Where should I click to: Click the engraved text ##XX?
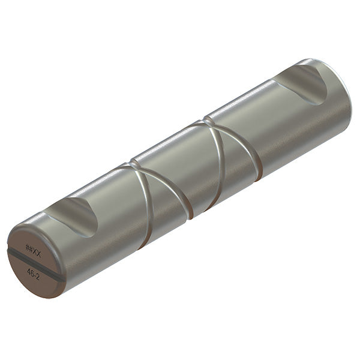34,247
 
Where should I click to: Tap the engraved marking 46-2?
34,272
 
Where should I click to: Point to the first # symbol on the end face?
28,246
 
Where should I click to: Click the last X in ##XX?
40,248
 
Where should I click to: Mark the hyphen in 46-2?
36,272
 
